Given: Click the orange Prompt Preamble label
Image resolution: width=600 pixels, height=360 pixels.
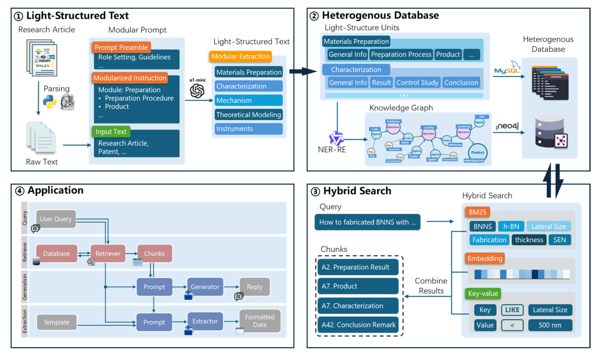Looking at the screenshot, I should point(121,47).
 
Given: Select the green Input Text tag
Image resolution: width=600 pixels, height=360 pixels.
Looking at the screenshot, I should point(111,131).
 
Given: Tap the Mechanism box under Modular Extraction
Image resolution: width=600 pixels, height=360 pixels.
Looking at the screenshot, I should point(249,100).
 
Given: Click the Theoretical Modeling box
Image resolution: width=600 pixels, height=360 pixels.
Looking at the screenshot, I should point(249,115).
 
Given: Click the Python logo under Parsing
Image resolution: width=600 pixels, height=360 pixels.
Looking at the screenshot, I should point(49,102).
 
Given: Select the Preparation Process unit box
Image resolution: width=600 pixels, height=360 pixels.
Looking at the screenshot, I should point(401,54).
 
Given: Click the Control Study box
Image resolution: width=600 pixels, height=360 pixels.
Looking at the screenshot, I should point(417,82).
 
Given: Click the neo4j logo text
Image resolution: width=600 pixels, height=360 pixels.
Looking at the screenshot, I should point(507,126).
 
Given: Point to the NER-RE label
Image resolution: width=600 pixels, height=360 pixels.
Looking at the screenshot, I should point(332,150).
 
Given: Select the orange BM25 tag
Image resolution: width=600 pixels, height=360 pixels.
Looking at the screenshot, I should point(477,212).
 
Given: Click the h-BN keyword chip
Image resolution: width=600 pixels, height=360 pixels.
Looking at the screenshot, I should point(511,226).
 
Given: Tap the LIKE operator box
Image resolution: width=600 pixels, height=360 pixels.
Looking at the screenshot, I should point(512,310).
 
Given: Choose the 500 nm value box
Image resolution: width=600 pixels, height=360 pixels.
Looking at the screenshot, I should point(550,324).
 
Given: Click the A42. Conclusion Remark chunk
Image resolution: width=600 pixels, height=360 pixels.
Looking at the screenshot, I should point(359,324).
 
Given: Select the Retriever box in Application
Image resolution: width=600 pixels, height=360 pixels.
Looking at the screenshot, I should point(108,253).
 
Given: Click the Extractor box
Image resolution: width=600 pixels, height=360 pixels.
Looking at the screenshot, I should point(205,321).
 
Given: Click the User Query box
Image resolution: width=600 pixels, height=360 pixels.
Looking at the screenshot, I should point(56,219).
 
